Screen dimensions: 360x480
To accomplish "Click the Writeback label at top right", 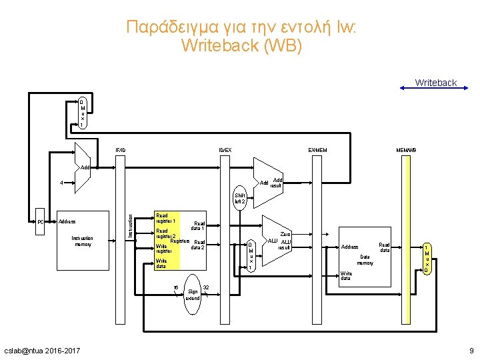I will [435, 83].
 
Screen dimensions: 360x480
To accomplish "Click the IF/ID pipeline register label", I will [120, 149].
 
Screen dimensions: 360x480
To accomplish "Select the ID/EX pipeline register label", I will [226, 149].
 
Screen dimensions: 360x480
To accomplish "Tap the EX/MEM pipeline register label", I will [317, 149].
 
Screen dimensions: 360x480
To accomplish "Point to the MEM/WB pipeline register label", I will [406, 149].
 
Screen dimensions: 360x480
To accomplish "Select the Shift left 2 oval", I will [240, 198].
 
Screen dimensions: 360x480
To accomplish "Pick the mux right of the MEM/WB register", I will [427, 259].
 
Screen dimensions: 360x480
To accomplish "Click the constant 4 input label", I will [61, 182].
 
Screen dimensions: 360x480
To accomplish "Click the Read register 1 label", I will [165, 217].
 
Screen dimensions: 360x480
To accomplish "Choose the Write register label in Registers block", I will [163, 249].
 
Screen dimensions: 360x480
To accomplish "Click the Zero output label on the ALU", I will [285, 234].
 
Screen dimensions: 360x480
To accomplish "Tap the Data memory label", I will [365, 259].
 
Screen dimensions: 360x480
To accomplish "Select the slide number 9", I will [471, 350].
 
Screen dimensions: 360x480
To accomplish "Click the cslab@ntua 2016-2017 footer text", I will [41, 350].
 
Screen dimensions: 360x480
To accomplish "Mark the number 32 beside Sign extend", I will [206, 287].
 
